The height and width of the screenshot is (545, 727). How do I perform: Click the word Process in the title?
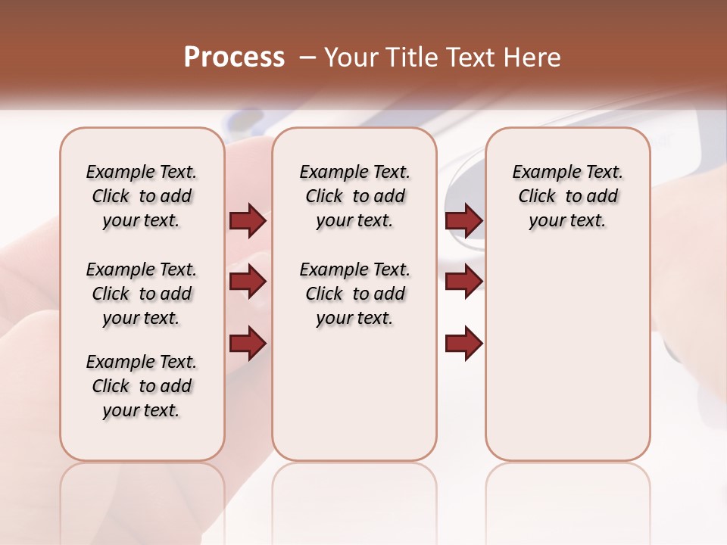(x=234, y=58)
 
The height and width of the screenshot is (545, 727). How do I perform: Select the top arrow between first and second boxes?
(x=248, y=220)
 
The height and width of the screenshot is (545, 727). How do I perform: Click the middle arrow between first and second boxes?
(x=248, y=282)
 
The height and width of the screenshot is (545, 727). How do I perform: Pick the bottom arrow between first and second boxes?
(x=248, y=344)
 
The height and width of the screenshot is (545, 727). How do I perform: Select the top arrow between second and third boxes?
(x=463, y=220)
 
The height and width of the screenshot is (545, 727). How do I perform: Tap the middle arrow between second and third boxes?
(x=463, y=282)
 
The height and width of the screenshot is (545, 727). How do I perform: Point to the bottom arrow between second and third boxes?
(x=463, y=344)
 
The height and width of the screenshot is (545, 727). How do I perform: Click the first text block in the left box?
(x=142, y=196)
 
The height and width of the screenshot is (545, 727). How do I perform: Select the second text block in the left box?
(x=142, y=294)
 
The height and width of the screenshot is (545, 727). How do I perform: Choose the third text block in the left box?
(x=142, y=386)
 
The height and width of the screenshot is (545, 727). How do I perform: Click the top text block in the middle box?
(x=354, y=196)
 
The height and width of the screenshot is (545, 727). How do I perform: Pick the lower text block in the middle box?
(x=354, y=294)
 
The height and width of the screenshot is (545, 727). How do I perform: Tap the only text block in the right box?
(x=567, y=196)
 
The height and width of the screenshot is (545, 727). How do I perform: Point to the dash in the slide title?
(x=307, y=58)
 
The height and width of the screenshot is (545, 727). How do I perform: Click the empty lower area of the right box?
(x=567, y=356)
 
